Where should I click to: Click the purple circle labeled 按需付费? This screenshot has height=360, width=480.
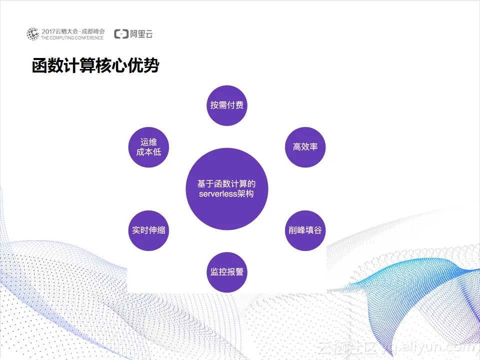tap(227, 105)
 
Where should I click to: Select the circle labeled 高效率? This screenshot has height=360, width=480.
tap(305, 147)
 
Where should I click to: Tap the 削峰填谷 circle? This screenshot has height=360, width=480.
tap(305, 230)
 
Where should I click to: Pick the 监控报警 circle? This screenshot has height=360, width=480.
tap(227, 272)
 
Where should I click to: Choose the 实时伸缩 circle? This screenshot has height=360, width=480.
tap(148, 230)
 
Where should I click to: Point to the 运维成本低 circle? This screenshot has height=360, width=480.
tap(148, 147)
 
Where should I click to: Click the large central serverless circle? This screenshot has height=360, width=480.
tap(227, 189)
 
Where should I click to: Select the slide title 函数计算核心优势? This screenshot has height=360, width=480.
tap(95, 65)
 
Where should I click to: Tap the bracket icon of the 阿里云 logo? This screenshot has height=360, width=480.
tap(121, 34)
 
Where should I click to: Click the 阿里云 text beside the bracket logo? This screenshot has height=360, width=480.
tap(141, 34)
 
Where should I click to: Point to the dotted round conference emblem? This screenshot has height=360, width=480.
tap(33, 34)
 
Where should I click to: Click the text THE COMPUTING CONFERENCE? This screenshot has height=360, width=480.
tap(72, 38)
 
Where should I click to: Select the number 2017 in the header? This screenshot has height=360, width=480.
tap(48, 31)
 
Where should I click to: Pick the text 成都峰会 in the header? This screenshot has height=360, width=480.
tap(93, 31)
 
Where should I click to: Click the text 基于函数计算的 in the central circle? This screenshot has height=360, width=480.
tap(226, 183)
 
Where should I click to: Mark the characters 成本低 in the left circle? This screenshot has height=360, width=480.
tap(149, 152)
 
